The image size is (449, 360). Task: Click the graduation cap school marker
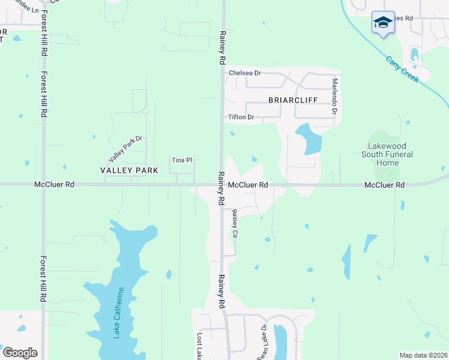click(x=383, y=23)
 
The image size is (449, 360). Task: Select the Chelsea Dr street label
click(x=245, y=73)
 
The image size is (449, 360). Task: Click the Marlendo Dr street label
click(x=335, y=97)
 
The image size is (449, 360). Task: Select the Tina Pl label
click(x=181, y=160)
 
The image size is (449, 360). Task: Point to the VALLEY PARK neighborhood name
click(x=129, y=170)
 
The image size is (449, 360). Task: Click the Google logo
click(x=19, y=353)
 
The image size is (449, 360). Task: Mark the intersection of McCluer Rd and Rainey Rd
click(x=220, y=185)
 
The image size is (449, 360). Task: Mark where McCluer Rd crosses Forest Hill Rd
click(x=43, y=185)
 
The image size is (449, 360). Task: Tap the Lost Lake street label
click(x=200, y=347)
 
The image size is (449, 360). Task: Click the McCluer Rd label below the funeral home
click(x=384, y=185)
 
